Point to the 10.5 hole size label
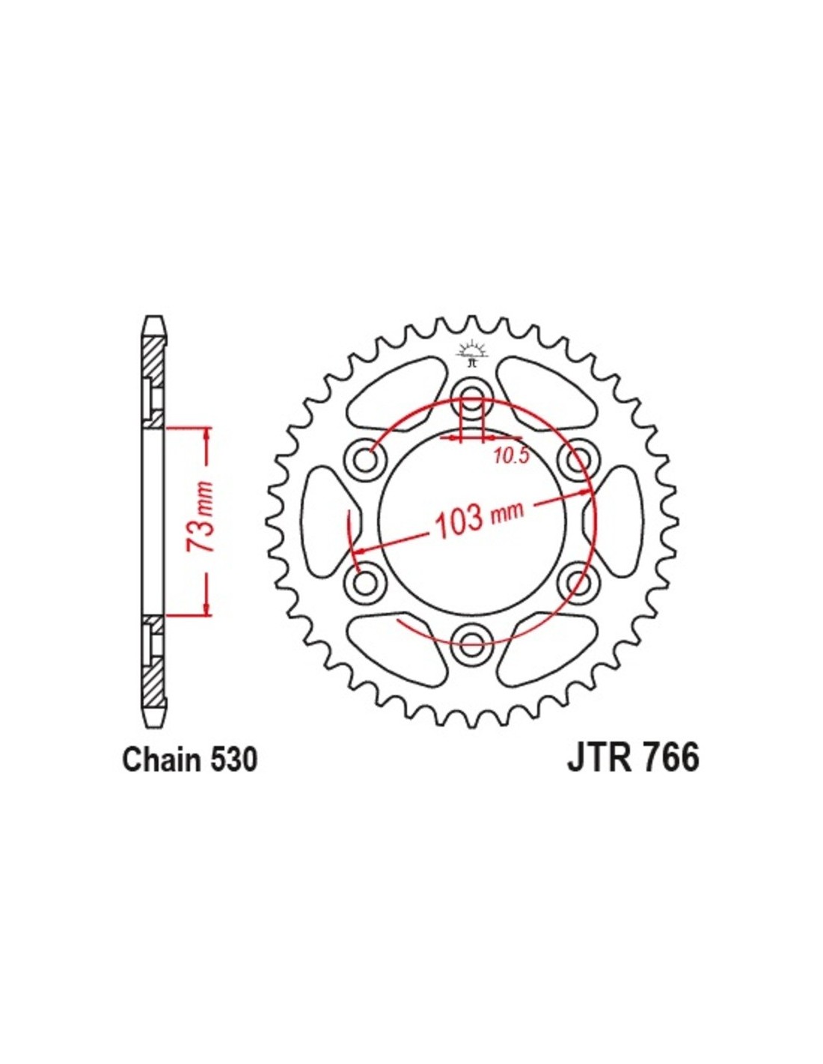tap(512, 457)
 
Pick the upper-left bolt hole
tap(365, 459)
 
